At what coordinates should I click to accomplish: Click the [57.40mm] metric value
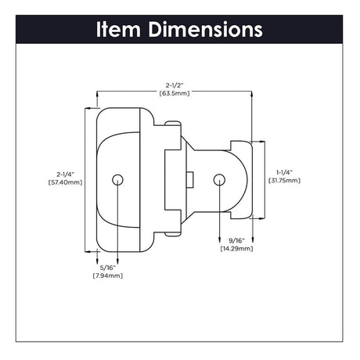tap(65, 182)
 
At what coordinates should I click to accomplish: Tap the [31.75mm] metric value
tap(283, 180)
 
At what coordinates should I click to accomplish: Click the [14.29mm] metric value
tap(236, 248)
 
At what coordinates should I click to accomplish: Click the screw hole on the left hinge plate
tap(117, 179)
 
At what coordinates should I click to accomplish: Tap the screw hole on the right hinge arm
tap(219, 179)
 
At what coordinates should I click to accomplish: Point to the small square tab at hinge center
tap(190, 179)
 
